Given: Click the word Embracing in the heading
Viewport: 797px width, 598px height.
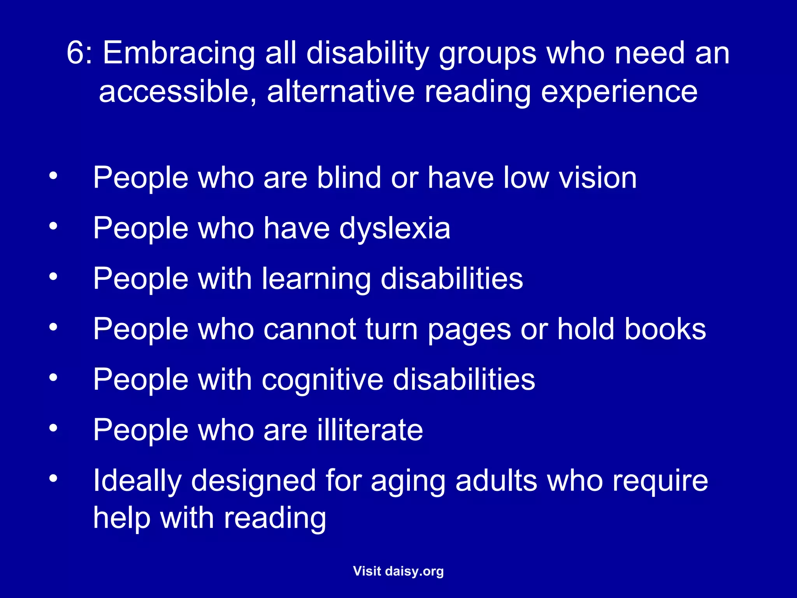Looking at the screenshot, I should pos(179,54).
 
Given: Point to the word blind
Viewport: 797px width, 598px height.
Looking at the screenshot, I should pos(348,178).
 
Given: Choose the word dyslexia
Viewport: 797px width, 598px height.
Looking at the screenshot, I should pos(395,229).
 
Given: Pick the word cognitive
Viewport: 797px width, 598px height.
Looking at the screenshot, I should pos(323,380).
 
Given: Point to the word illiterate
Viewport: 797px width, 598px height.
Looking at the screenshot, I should pos(370,430).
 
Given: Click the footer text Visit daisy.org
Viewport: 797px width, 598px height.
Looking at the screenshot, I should pos(398,571).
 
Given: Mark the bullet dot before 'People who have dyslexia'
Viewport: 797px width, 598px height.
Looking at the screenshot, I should pos(53,226).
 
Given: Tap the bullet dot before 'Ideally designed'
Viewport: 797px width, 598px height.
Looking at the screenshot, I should pos(53,478).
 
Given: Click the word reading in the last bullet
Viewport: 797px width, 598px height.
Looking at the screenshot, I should pos(275,519).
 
